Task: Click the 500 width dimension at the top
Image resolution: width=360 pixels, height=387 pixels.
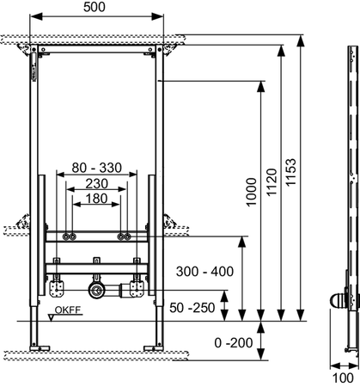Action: tap(95, 8)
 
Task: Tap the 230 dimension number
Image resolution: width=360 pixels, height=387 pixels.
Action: tap(95, 184)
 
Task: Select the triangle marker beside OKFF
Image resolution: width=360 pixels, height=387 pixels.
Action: tap(52, 318)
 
